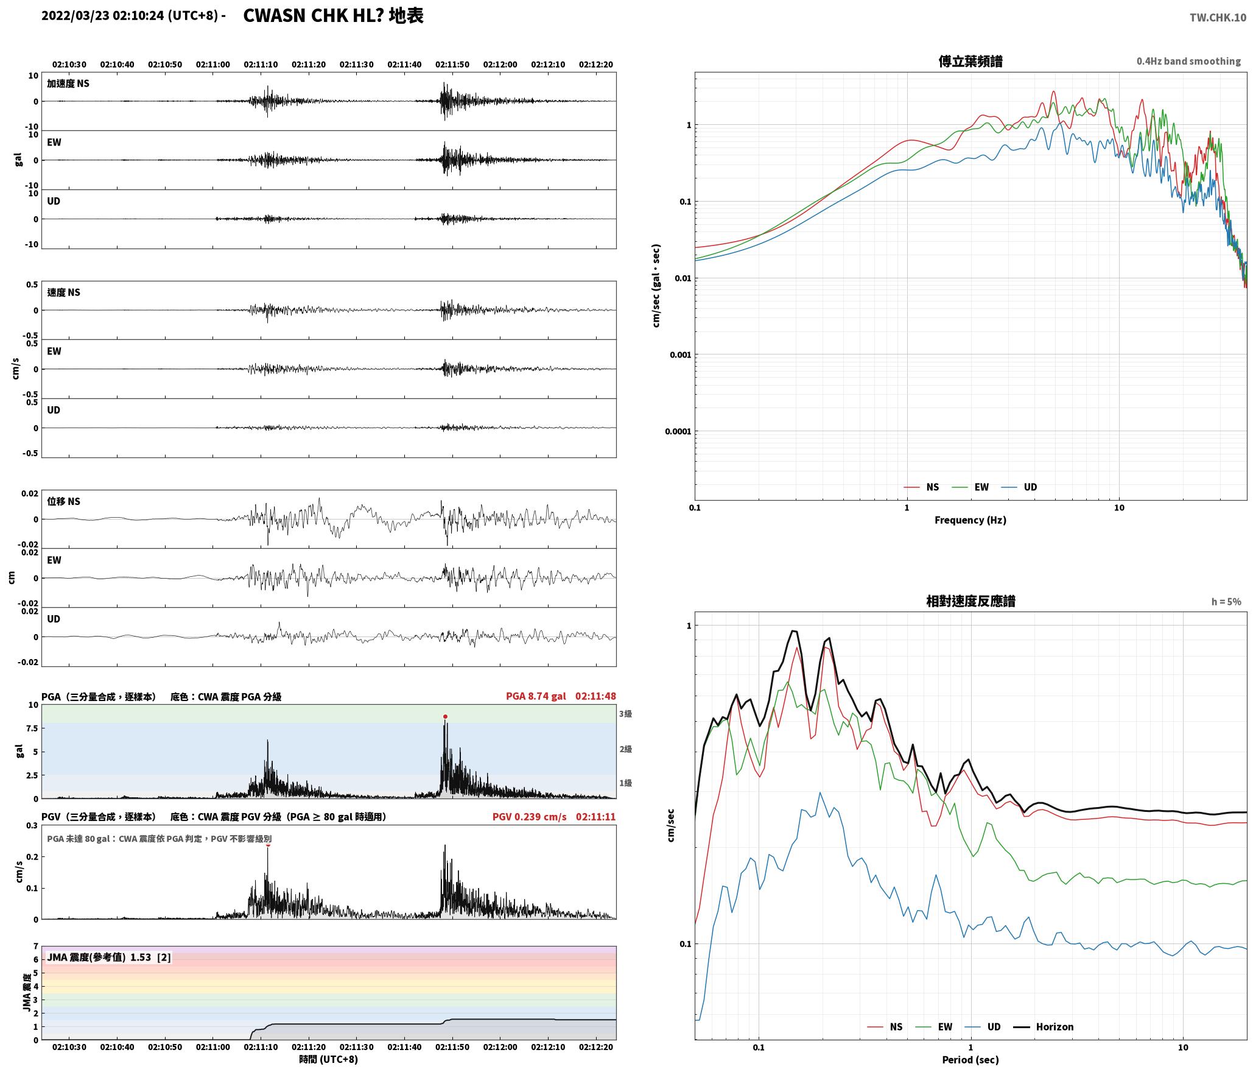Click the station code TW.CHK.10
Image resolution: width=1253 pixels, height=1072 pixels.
pyautogui.click(x=1218, y=18)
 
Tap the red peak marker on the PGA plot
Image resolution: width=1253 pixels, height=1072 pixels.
pyautogui.click(x=445, y=716)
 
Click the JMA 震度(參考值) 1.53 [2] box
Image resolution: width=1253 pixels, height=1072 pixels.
pyautogui.click(x=108, y=957)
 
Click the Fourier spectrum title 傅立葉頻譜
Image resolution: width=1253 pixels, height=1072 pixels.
pyautogui.click(x=970, y=61)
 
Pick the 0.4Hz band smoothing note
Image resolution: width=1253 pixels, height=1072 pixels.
pyautogui.click(x=1188, y=61)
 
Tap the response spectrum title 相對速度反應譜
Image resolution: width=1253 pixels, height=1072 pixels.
pyautogui.click(x=970, y=601)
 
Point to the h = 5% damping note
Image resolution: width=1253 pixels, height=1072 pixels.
pyautogui.click(x=1226, y=602)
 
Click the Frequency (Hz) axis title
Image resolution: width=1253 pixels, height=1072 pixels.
pyautogui.click(x=970, y=520)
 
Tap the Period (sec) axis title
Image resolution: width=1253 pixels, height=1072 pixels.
pyautogui.click(x=970, y=1060)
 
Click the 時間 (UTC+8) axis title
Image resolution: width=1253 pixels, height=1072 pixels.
pyautogui.click(x=328, y=1059)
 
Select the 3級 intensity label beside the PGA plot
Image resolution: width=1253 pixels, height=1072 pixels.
pyautogui.click(x=625, y=714)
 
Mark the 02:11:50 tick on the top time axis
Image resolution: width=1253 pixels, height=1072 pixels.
pyautogui.click(x=452, y=64)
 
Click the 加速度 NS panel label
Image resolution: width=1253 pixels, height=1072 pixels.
pyautogui.click(x=68, y=83)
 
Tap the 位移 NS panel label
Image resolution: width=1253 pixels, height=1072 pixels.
pyautogui.click(x=64, y=501)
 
